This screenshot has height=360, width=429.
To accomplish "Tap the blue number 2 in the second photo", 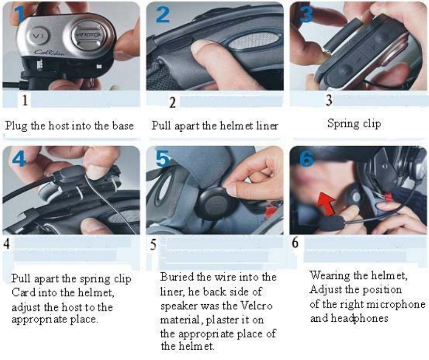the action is click(x=162, y=14).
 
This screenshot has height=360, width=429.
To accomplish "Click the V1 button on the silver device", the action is click(x=39, y=36).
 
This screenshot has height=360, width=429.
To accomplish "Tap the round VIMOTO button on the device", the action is click(x=87, y=35).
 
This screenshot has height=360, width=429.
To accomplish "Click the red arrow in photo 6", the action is click(x=326, y=203).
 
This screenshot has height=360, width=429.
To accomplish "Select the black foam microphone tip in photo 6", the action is click(x=330, y=223).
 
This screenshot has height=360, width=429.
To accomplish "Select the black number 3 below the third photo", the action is click(x=329, y=100).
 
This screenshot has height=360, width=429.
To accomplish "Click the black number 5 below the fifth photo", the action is click(x=154, y=244).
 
